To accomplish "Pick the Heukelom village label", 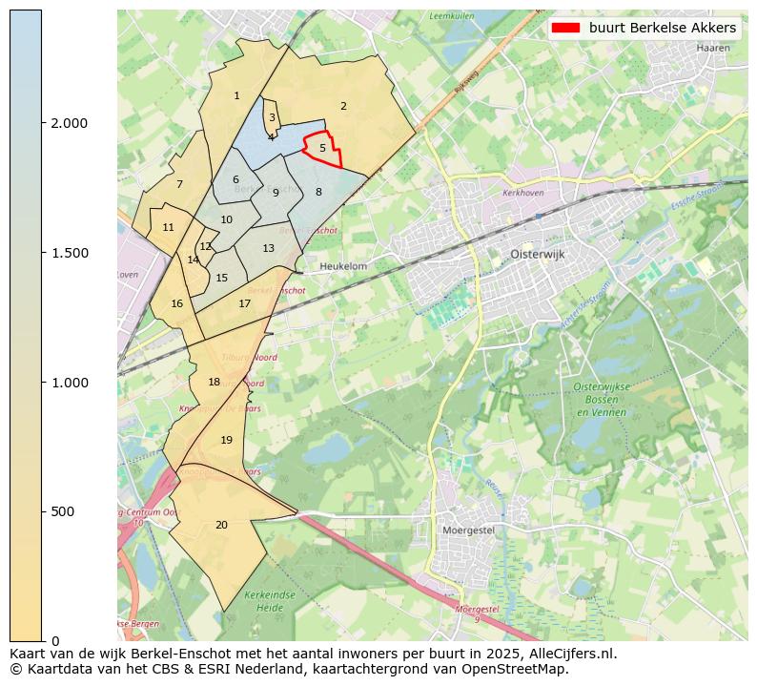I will [343, 267].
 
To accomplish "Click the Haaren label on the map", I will [712, 47].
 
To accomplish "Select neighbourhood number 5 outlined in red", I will [322, 149].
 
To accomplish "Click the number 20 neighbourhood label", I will [221, 526].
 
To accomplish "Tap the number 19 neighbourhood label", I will [226, 441].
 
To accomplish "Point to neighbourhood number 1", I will [236, 96].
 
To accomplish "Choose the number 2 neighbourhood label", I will [343, 107].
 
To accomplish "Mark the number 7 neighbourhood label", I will [179, 185].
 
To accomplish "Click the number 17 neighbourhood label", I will [245, 304].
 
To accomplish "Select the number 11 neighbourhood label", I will [168, 228].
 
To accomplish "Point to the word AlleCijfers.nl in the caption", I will [571, 655].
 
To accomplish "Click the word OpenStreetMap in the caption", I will [521, 669].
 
